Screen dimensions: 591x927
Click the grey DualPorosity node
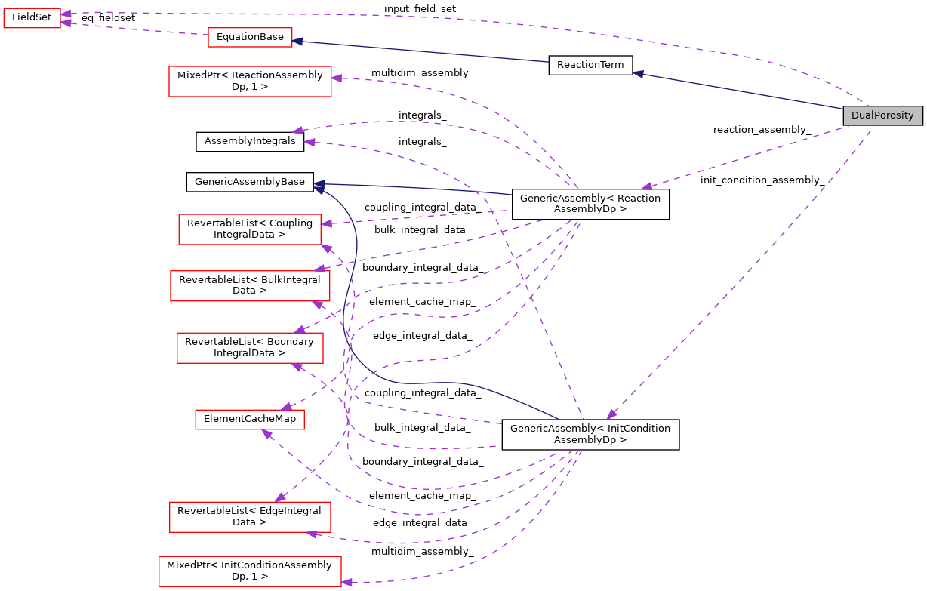[x=882, y=115]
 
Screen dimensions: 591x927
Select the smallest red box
[x=32, y=18]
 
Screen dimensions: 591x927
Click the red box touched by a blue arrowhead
[x=250, y=38]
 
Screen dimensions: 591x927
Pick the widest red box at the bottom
[x=250, y=571]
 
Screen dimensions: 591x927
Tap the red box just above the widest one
[x=250, y=517]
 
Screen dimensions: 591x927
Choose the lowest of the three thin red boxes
[x=250, y=420]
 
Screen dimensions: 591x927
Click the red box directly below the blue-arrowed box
[x=250, y=82]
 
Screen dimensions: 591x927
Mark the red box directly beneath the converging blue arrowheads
[x=250, y=229]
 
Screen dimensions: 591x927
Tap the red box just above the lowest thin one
[x=250, y=348]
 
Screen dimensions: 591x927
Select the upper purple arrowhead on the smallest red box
[x=66, y=14]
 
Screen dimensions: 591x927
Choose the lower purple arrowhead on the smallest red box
[x=66, y=23]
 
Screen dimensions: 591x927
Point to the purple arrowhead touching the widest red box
[x=346, y=582]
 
